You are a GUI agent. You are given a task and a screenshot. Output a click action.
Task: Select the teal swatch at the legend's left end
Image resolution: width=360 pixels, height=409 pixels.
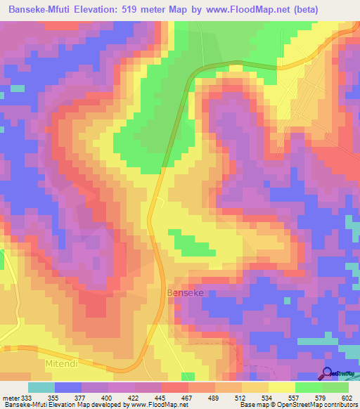click(x=41, y=387)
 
